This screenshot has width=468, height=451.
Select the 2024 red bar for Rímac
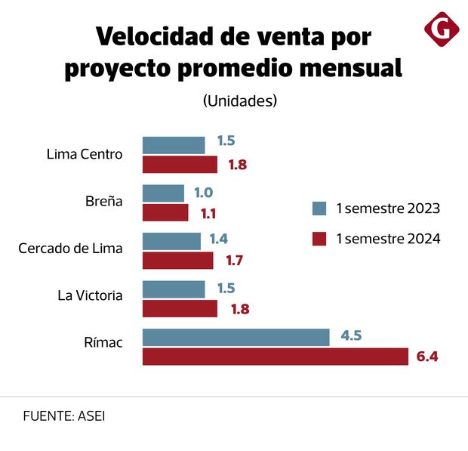click(x=275, y=357)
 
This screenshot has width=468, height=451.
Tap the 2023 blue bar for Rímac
click(x=236, y=337)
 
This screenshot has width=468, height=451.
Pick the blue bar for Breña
click(x=163, y=193)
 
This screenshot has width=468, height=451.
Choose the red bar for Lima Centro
click(x=180, y=165)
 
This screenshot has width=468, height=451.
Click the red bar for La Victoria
click(x=180, y=308)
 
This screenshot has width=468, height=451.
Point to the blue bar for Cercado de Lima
click(x=171, y=241)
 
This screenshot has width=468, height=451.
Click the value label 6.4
click(x=427, y=357)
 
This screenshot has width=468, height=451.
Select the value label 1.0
click(x=204, y=193)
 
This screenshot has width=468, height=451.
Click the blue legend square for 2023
click(x=319, y=209)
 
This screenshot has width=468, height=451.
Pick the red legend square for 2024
click(x=319, y=239)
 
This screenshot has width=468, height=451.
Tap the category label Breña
click(x=103, y=202)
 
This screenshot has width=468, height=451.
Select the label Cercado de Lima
click(x=70, y=248)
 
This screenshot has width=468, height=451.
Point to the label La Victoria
click(x=90, y=295)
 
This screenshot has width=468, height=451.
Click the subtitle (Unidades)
click(x=239, y=100)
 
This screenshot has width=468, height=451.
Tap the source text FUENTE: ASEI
click(x=64, y=416)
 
